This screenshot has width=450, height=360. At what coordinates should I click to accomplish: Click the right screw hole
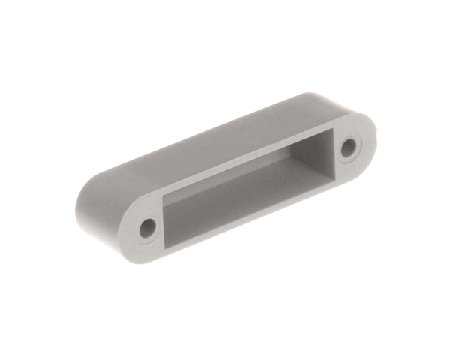tap(348, 148)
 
